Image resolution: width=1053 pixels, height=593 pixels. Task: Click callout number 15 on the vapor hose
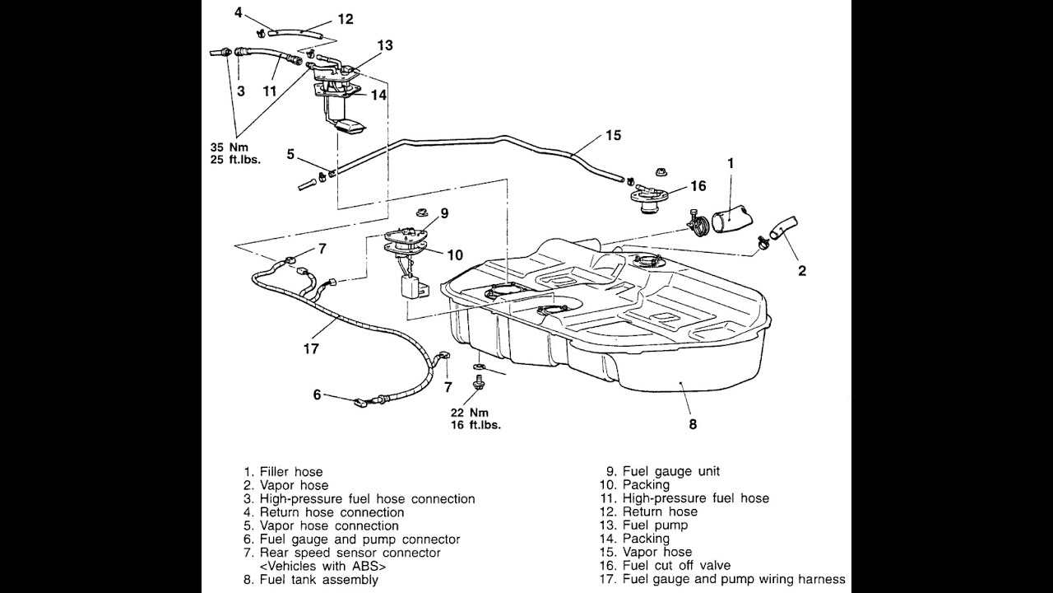point(613,135)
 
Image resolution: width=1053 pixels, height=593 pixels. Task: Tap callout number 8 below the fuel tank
point(693,425)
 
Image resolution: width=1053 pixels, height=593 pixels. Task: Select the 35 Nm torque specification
point(226,147)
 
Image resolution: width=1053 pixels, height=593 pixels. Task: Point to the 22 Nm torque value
point(468,412)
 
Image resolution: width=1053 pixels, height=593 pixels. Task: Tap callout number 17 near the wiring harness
point(310,348)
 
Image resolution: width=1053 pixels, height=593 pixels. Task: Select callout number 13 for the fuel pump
point(385,45)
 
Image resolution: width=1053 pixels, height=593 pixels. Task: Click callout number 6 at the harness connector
point(317,395)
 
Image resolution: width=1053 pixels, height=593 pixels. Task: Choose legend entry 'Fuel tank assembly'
point(318,579)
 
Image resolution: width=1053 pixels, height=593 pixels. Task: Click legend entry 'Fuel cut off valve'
point(676,566)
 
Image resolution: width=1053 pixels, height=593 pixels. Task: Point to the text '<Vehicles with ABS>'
point(322,566)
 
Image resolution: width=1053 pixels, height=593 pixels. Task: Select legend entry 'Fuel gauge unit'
point(670,471)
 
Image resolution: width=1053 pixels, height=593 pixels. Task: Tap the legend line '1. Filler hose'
point(283,472)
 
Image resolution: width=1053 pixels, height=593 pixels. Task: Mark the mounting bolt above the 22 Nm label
point(477,382)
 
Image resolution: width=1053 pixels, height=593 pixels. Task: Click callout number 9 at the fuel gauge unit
point(443,213)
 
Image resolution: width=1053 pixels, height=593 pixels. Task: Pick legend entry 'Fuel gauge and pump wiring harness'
point(733,579)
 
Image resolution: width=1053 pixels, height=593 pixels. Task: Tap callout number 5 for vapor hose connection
point(290,154)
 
